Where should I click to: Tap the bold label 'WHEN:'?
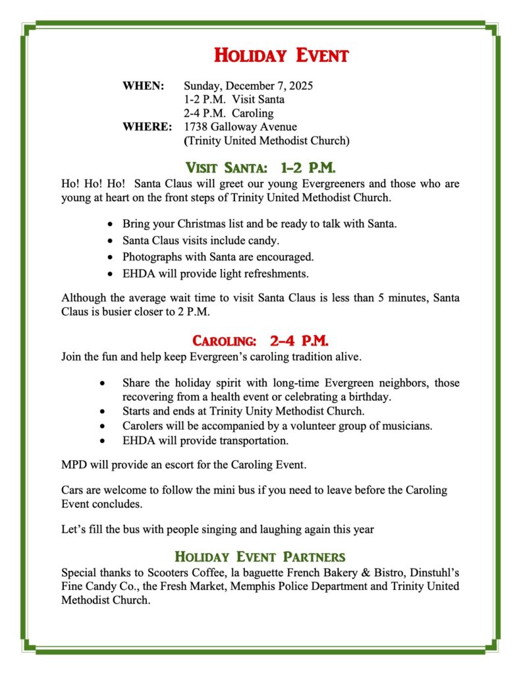point(143,86)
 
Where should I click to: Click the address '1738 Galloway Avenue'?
point(240,127)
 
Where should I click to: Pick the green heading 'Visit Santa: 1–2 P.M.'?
point(261,167)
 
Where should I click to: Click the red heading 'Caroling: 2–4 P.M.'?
point(260,341)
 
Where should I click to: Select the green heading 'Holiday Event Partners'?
point(260,556)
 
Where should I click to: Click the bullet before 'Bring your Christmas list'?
point(109,225)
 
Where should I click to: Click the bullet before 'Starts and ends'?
point(102,411)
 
